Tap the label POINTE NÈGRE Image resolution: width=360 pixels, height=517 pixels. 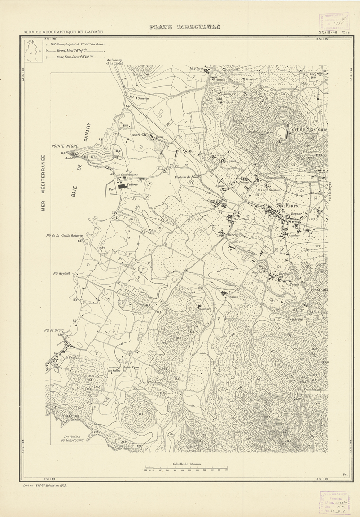(65, 147)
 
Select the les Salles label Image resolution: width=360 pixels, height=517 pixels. (114, 371)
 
